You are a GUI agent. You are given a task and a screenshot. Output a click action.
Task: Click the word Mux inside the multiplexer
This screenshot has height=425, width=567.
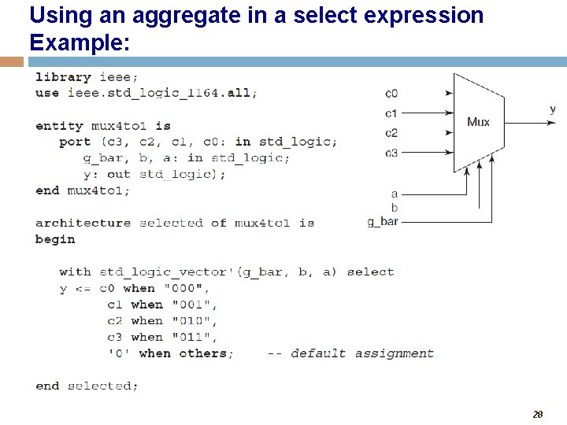478,121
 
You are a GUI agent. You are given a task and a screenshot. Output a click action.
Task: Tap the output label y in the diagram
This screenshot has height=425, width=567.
552,109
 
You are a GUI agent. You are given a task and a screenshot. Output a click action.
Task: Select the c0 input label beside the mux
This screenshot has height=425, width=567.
391,94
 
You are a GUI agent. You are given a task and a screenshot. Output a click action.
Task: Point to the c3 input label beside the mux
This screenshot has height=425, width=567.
391,153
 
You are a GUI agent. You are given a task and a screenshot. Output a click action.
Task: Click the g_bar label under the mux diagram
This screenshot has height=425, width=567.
383,222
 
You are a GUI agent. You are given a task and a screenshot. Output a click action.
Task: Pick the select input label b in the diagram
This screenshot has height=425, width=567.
395,208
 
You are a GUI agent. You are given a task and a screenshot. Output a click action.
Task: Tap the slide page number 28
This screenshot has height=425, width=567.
538,414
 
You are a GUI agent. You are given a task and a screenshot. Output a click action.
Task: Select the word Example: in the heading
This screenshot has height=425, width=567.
80,42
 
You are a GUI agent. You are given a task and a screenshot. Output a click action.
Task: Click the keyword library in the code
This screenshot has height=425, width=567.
63,77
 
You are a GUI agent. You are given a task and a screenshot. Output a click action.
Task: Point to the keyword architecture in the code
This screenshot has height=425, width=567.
83,223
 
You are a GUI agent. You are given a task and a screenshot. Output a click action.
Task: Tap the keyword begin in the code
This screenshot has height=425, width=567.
55,239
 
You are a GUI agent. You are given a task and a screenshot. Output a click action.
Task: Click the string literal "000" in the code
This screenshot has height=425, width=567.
190,288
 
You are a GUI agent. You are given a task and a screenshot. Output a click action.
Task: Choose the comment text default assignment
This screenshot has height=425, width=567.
362,353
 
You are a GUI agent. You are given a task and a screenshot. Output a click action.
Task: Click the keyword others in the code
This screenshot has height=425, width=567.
206,353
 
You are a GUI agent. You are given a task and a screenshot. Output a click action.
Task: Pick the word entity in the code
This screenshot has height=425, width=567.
59,126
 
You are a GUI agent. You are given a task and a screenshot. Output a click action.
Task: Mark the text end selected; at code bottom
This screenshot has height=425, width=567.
87,386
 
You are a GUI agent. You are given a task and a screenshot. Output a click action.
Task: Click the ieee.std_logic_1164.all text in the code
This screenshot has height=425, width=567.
158,93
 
